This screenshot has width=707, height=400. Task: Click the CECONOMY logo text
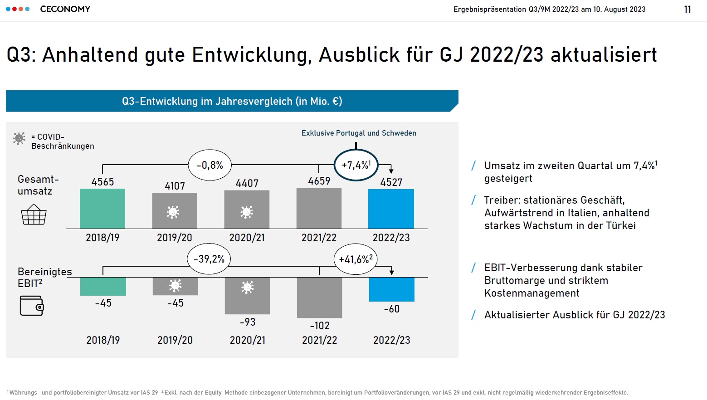tap(65, 9)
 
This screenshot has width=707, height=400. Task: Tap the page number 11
tap(687, 10)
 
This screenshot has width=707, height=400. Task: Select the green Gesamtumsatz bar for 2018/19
tap(102, 209)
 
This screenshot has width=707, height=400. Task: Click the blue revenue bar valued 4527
tap(391, 209)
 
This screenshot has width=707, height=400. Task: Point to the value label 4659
tap(319, 181)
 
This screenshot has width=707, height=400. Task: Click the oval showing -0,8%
tap(210, 165)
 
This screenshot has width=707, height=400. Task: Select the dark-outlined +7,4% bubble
tap(356, 165)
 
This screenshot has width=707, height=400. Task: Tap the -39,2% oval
tap(209, 259)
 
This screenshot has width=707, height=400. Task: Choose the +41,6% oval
tap(356, 259)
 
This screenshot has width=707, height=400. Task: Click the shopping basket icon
tap(34, 215)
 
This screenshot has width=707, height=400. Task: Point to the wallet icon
tap(31, 306)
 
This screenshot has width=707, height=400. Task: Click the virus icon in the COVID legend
tap(19, 138)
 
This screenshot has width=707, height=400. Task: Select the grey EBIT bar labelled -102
tap(319, 297)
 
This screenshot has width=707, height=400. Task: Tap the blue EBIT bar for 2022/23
tap(392, 289)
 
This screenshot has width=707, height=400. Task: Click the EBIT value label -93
tap(248, 322)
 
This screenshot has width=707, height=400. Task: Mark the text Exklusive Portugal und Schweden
tap(359, 133)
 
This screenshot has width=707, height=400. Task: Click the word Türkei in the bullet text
tap(619, 225)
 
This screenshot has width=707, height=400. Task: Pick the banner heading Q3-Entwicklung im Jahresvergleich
tap(232, 101)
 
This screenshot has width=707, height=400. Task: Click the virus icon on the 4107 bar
tap(173, 212)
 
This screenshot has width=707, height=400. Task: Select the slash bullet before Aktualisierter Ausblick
tap(473, 315)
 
